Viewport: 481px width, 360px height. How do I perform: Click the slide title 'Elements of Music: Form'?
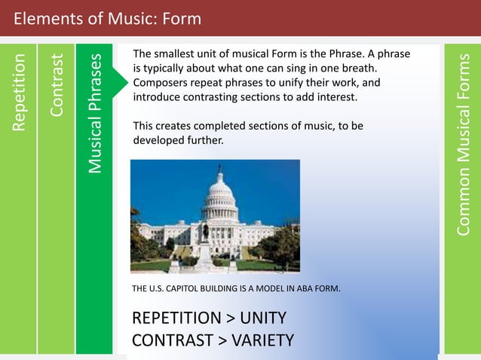[x=108, y=17]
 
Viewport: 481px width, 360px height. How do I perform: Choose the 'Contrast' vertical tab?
[x=57, y=84]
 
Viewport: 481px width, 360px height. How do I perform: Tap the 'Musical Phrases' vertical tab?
[x=94, y=113]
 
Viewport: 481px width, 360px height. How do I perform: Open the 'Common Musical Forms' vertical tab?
[x=464, y=143]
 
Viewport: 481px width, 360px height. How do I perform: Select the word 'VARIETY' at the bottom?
[x=262, y=340]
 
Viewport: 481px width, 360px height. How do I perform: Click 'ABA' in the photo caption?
[x=300, y=288]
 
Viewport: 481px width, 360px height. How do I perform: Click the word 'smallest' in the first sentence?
[x=178, y=54]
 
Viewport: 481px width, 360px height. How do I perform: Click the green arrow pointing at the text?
[x=118, y=76]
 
